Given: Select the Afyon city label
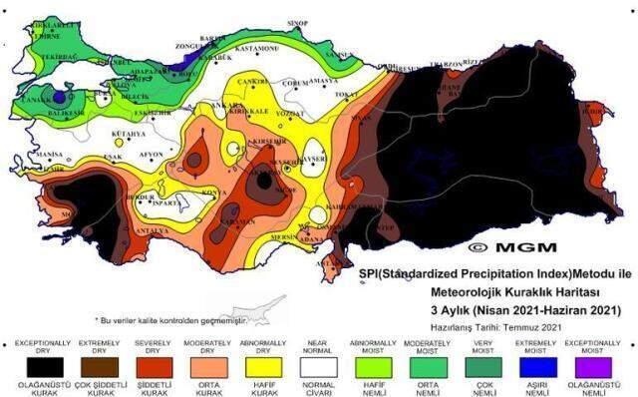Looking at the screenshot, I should click(x=152, y=155).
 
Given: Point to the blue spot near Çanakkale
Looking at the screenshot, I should click(x=59, y=98).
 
